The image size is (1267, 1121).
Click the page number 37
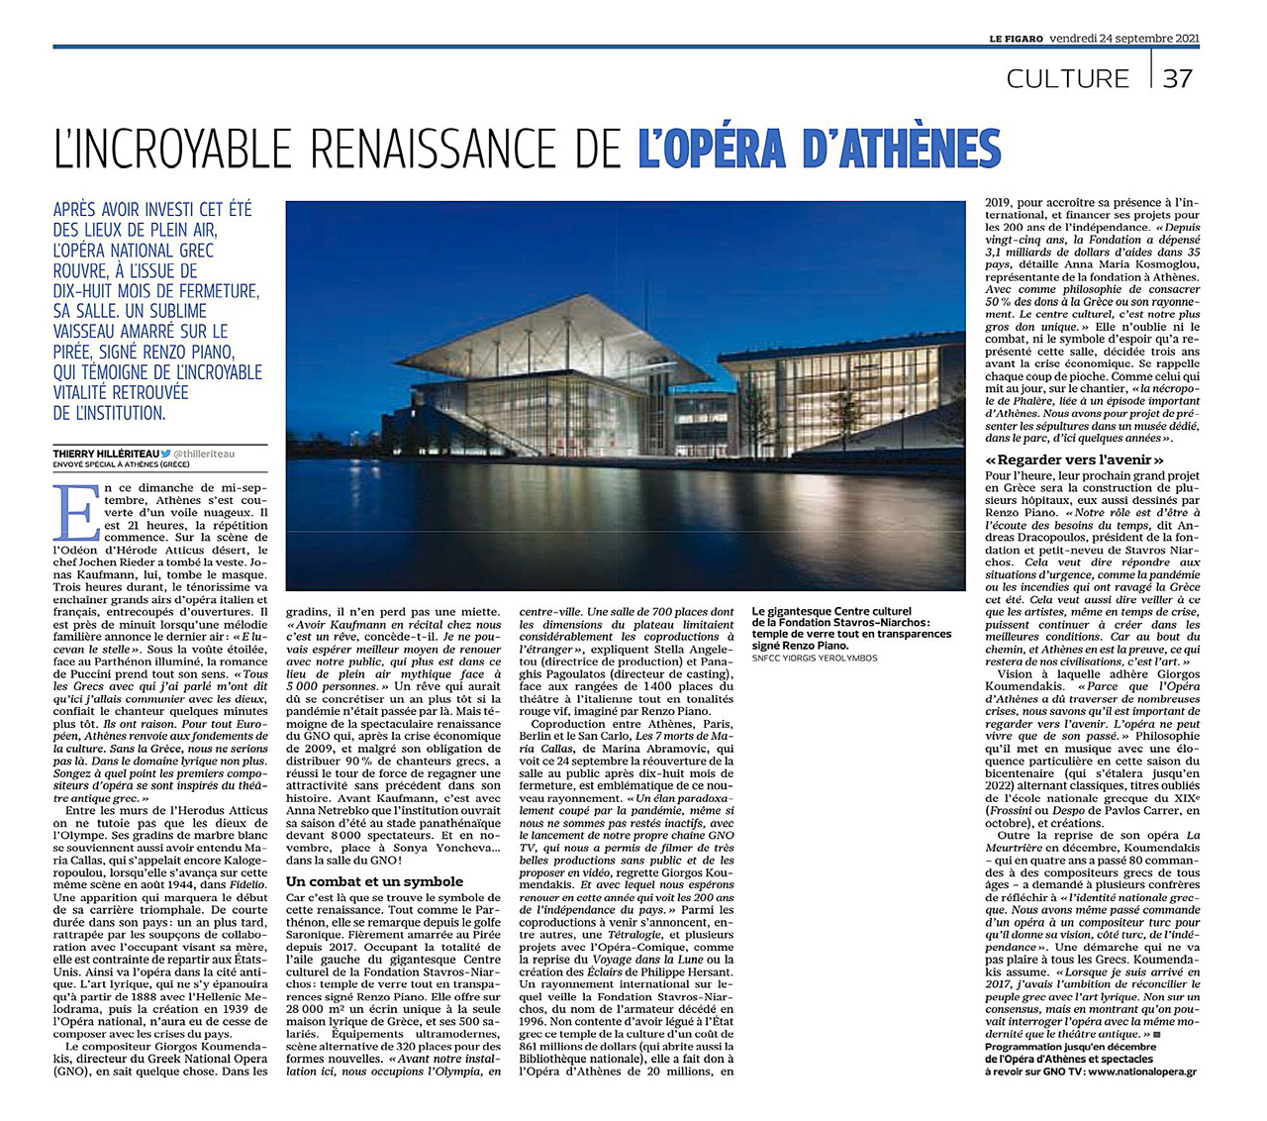1177,78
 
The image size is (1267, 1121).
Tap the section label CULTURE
1067,79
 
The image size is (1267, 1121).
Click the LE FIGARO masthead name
1016,39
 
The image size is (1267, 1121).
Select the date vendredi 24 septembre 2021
1124,39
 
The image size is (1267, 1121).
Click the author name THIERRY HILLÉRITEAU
106,454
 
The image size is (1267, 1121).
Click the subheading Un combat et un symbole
374,881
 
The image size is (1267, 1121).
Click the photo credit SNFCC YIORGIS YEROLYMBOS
815,658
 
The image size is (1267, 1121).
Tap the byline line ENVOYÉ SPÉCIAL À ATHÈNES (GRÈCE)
121,464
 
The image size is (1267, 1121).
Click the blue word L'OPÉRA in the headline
712,149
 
